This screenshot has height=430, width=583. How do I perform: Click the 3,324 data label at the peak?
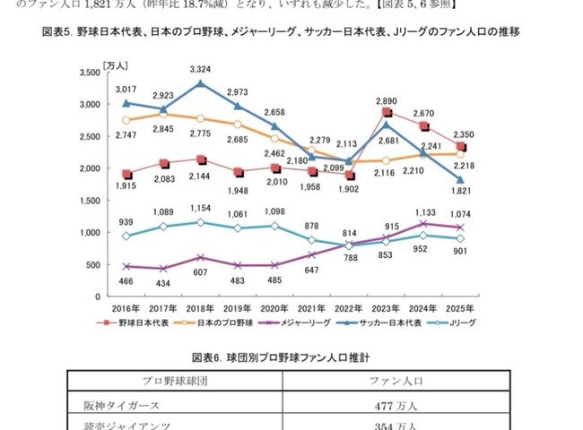pos(201,69)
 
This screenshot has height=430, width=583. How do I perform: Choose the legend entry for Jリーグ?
pos(466,322)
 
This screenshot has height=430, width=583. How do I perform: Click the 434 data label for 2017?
pos(163,283)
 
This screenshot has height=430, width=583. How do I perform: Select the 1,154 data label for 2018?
pos(201,208)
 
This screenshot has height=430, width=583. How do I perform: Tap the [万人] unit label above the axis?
pos(115,64)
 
